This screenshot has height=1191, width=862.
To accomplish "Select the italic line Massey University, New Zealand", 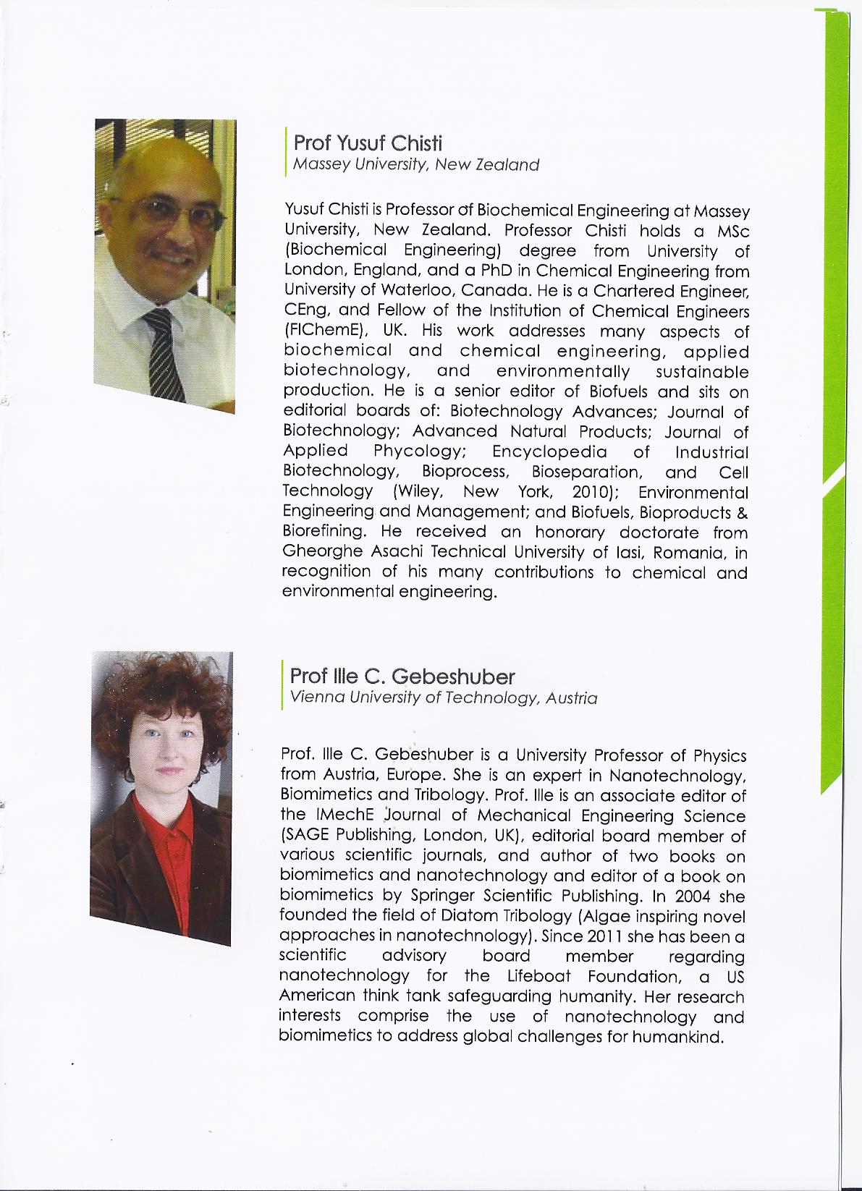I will click(415, 164).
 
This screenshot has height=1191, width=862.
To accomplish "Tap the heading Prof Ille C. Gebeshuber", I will click(402, 677).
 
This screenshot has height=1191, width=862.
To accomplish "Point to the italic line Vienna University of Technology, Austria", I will click(443, 698).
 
